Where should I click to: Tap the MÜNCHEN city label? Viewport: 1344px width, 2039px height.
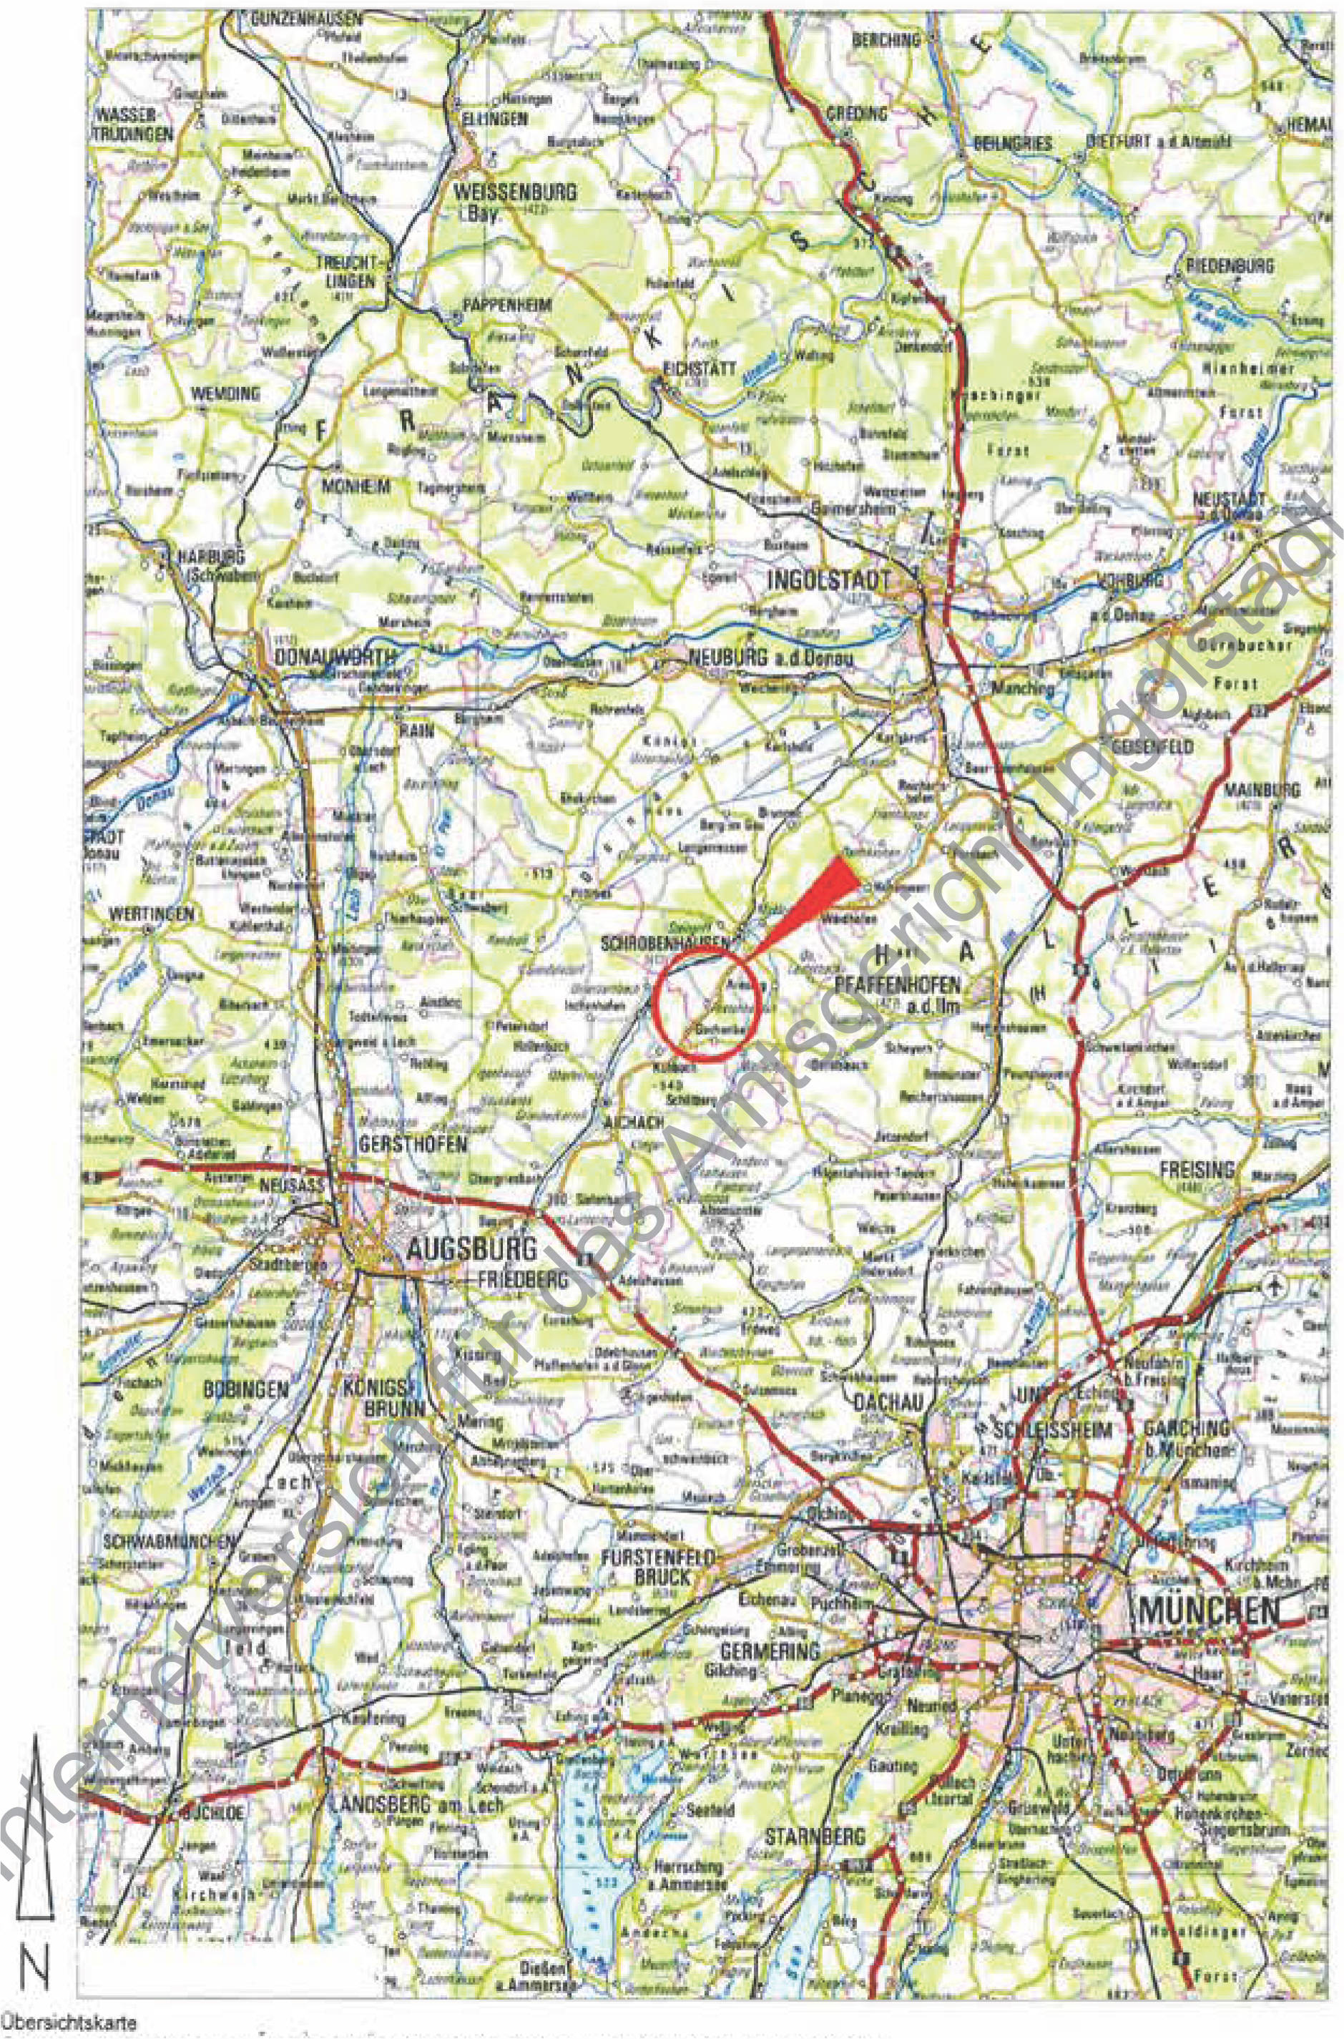(x=1209, y=1610)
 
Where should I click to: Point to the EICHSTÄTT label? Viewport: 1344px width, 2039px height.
(x=700, y=368)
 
